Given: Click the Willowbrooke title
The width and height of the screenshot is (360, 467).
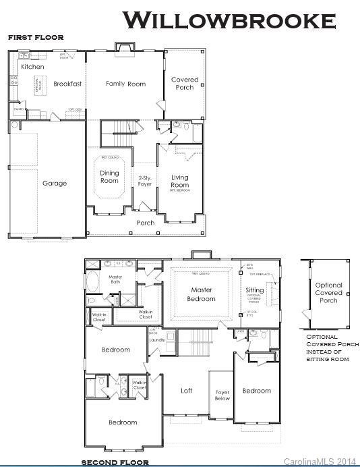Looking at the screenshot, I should pos(229,20).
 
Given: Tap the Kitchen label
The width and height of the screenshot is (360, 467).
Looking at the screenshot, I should pos(32,67).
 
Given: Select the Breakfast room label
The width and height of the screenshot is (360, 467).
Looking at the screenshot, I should pos(67,84).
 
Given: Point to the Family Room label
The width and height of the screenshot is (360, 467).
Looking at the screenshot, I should pos(126,84).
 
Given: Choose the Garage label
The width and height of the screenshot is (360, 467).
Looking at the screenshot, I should pos(55,183).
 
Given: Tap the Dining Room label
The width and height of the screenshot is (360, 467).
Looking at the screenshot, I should pos(109,177).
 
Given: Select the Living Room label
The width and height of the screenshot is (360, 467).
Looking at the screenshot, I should pos(179,181).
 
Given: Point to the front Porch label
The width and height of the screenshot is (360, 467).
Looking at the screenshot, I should pos(146,223).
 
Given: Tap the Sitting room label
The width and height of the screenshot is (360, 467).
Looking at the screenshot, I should pos(255,290).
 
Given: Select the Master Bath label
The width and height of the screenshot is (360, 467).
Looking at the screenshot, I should pos(115,279).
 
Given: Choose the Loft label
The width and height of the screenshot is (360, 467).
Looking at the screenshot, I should pos(187,391).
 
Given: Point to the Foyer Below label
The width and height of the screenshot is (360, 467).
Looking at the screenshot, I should pos(222,395).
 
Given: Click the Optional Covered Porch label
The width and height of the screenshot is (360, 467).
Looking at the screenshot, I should pos(329,293).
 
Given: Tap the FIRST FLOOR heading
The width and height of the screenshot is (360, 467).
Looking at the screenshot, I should pos(36,38).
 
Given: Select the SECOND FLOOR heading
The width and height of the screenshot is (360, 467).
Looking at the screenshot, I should pos(115,462).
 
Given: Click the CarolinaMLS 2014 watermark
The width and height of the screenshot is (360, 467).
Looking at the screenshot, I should pos(320,461).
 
